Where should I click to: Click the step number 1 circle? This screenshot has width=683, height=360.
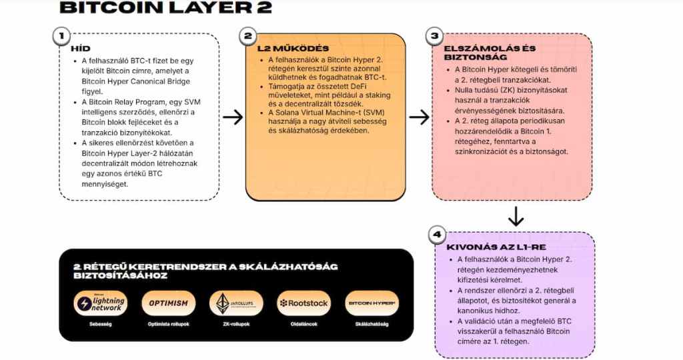[x=62, y=35]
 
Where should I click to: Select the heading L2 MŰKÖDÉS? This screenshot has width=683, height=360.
[x=283, y=49]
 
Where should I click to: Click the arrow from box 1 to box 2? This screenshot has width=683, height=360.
[x=232, y=117]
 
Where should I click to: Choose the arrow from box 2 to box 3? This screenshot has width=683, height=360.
[x=418, y=117]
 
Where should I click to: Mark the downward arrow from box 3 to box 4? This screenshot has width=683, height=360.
[x=514, y=217]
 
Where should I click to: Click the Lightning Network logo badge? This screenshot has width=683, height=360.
[x=100, y=303]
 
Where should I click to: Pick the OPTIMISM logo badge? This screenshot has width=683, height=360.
[x=169, y=303]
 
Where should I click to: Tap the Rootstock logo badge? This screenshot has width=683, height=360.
[x=303, y=303]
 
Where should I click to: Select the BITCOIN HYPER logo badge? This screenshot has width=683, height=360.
[x=372, y=303]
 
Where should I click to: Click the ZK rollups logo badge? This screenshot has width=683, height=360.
[x=235, y=303]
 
